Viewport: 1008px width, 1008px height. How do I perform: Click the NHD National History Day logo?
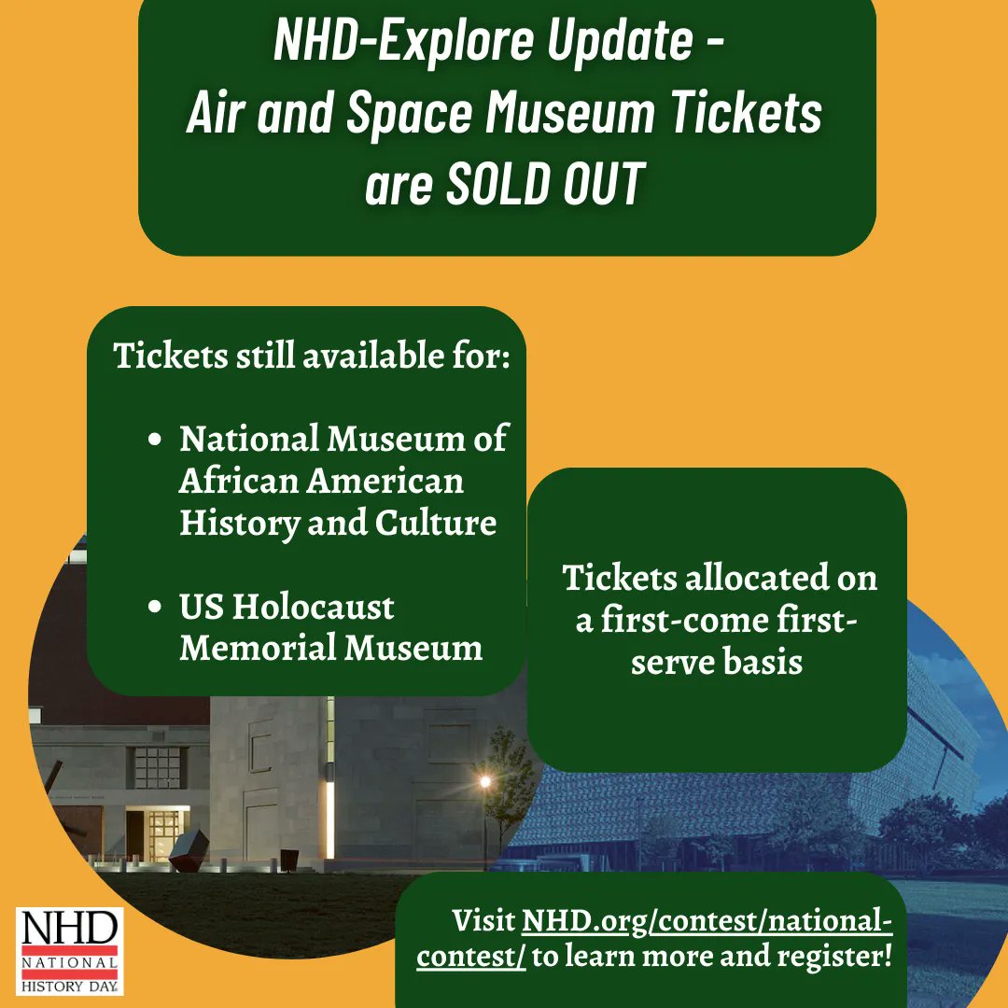tap(70, 950)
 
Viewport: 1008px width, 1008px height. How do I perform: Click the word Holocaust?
tap(313, 609)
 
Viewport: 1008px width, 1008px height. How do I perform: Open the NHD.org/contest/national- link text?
tap(707, 922)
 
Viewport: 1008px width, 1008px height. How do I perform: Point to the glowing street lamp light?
tap(483, 781)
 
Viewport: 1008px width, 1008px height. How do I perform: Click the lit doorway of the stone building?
tap(163, 833)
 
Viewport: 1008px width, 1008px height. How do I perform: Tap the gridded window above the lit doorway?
tap(156, 766)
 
